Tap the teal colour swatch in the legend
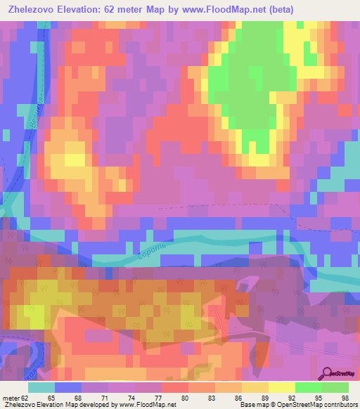click(x=41, y=387)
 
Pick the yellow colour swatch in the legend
click(x=282, y=387)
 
